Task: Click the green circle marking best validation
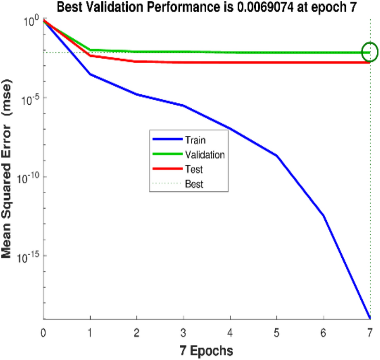(369, 52)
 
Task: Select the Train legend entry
(195, 140)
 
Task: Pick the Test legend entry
(194, 170)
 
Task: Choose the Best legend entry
(194, 184)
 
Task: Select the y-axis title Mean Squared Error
(8, 169)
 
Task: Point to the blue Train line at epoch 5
(277, 155)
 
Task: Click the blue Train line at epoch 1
(90, 74)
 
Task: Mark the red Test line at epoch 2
(137, 61)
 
